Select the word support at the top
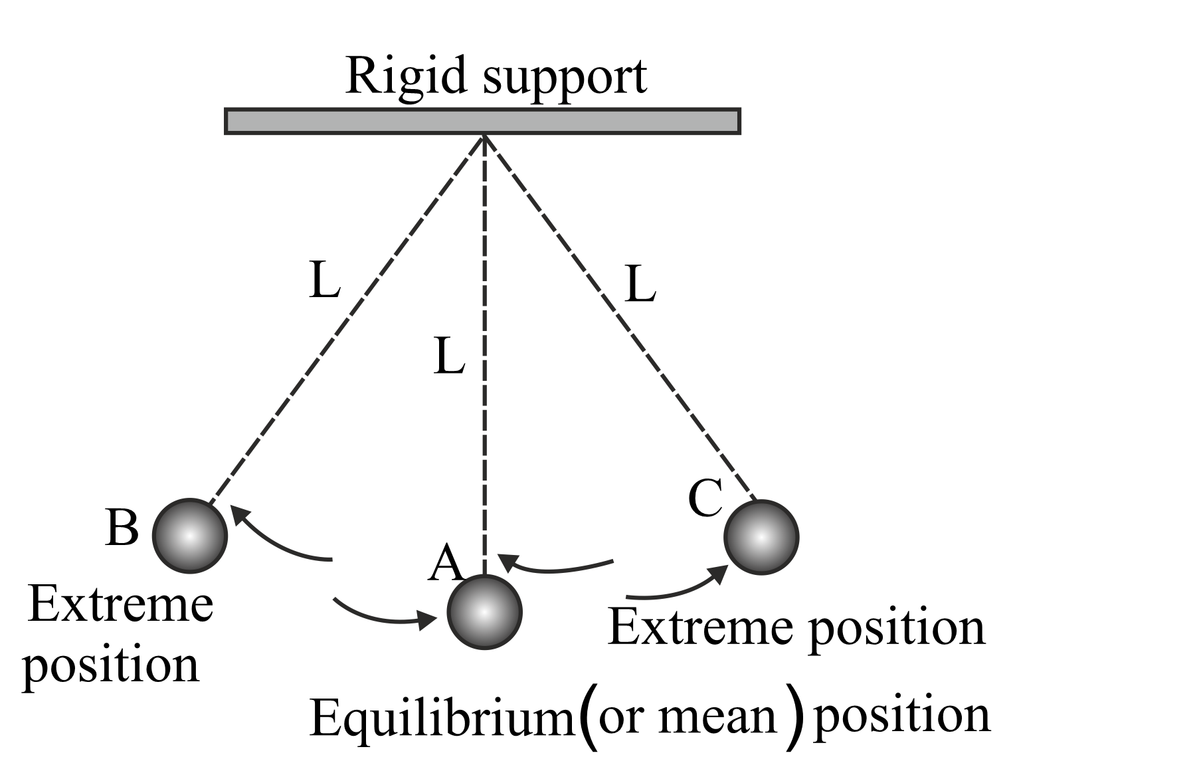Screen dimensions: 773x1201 click(565, 78)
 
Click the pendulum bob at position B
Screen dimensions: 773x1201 click(190, 536)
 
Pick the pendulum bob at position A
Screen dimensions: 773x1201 click(484, 612)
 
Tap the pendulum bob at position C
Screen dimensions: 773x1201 click(761, 537)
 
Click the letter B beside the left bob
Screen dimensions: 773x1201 click(122, 528)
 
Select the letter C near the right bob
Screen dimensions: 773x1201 click(705, 498)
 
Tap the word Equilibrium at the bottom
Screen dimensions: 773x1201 click(442, 718)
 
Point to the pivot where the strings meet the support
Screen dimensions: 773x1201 click(484, 136)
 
